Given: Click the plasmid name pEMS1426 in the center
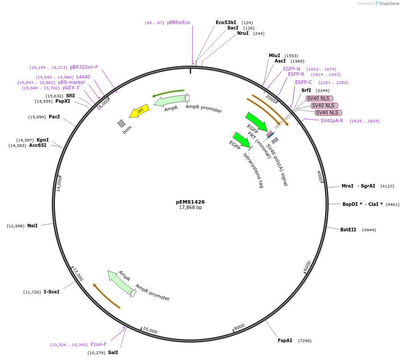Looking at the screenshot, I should pyautogui.click(x=190, y=202).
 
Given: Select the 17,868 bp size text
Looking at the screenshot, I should pyautogui.click(x=190, y=208).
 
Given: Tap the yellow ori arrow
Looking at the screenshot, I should pyautogui.click(x=139, y=111).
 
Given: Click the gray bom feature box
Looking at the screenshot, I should pyautogui.click(x=121, y=123).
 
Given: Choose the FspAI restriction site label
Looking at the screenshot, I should pyautogui.click(x=285, y=340).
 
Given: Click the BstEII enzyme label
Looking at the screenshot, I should pyautogui.click(x=348, y=230).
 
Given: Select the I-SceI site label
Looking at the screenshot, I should pyautogui.click(x=51, y=292).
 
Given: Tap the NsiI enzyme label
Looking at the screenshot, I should pyautogui.click(x=33, y=226).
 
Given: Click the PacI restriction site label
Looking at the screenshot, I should pyautogui.click(x=54, y=117).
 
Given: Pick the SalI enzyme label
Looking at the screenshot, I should pyautogui.click(x=113, y=352).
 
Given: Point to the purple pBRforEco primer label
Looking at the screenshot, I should pyautogui.click(x=178, y=22).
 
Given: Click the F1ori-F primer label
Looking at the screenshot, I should pyautogui.click(x=99, y=344).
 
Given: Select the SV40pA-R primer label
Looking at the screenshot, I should pyautogui.click(x=332, y=121).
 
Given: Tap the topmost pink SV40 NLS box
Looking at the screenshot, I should pyautogui.click(x=319, y=98).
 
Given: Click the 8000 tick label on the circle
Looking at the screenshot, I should pyautogui.click(x=239, y=327).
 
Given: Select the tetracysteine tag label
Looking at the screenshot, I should pyautogui.click(x=253, y=170).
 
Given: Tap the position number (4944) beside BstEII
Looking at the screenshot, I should pyautogui.click(x=369, y=230).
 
